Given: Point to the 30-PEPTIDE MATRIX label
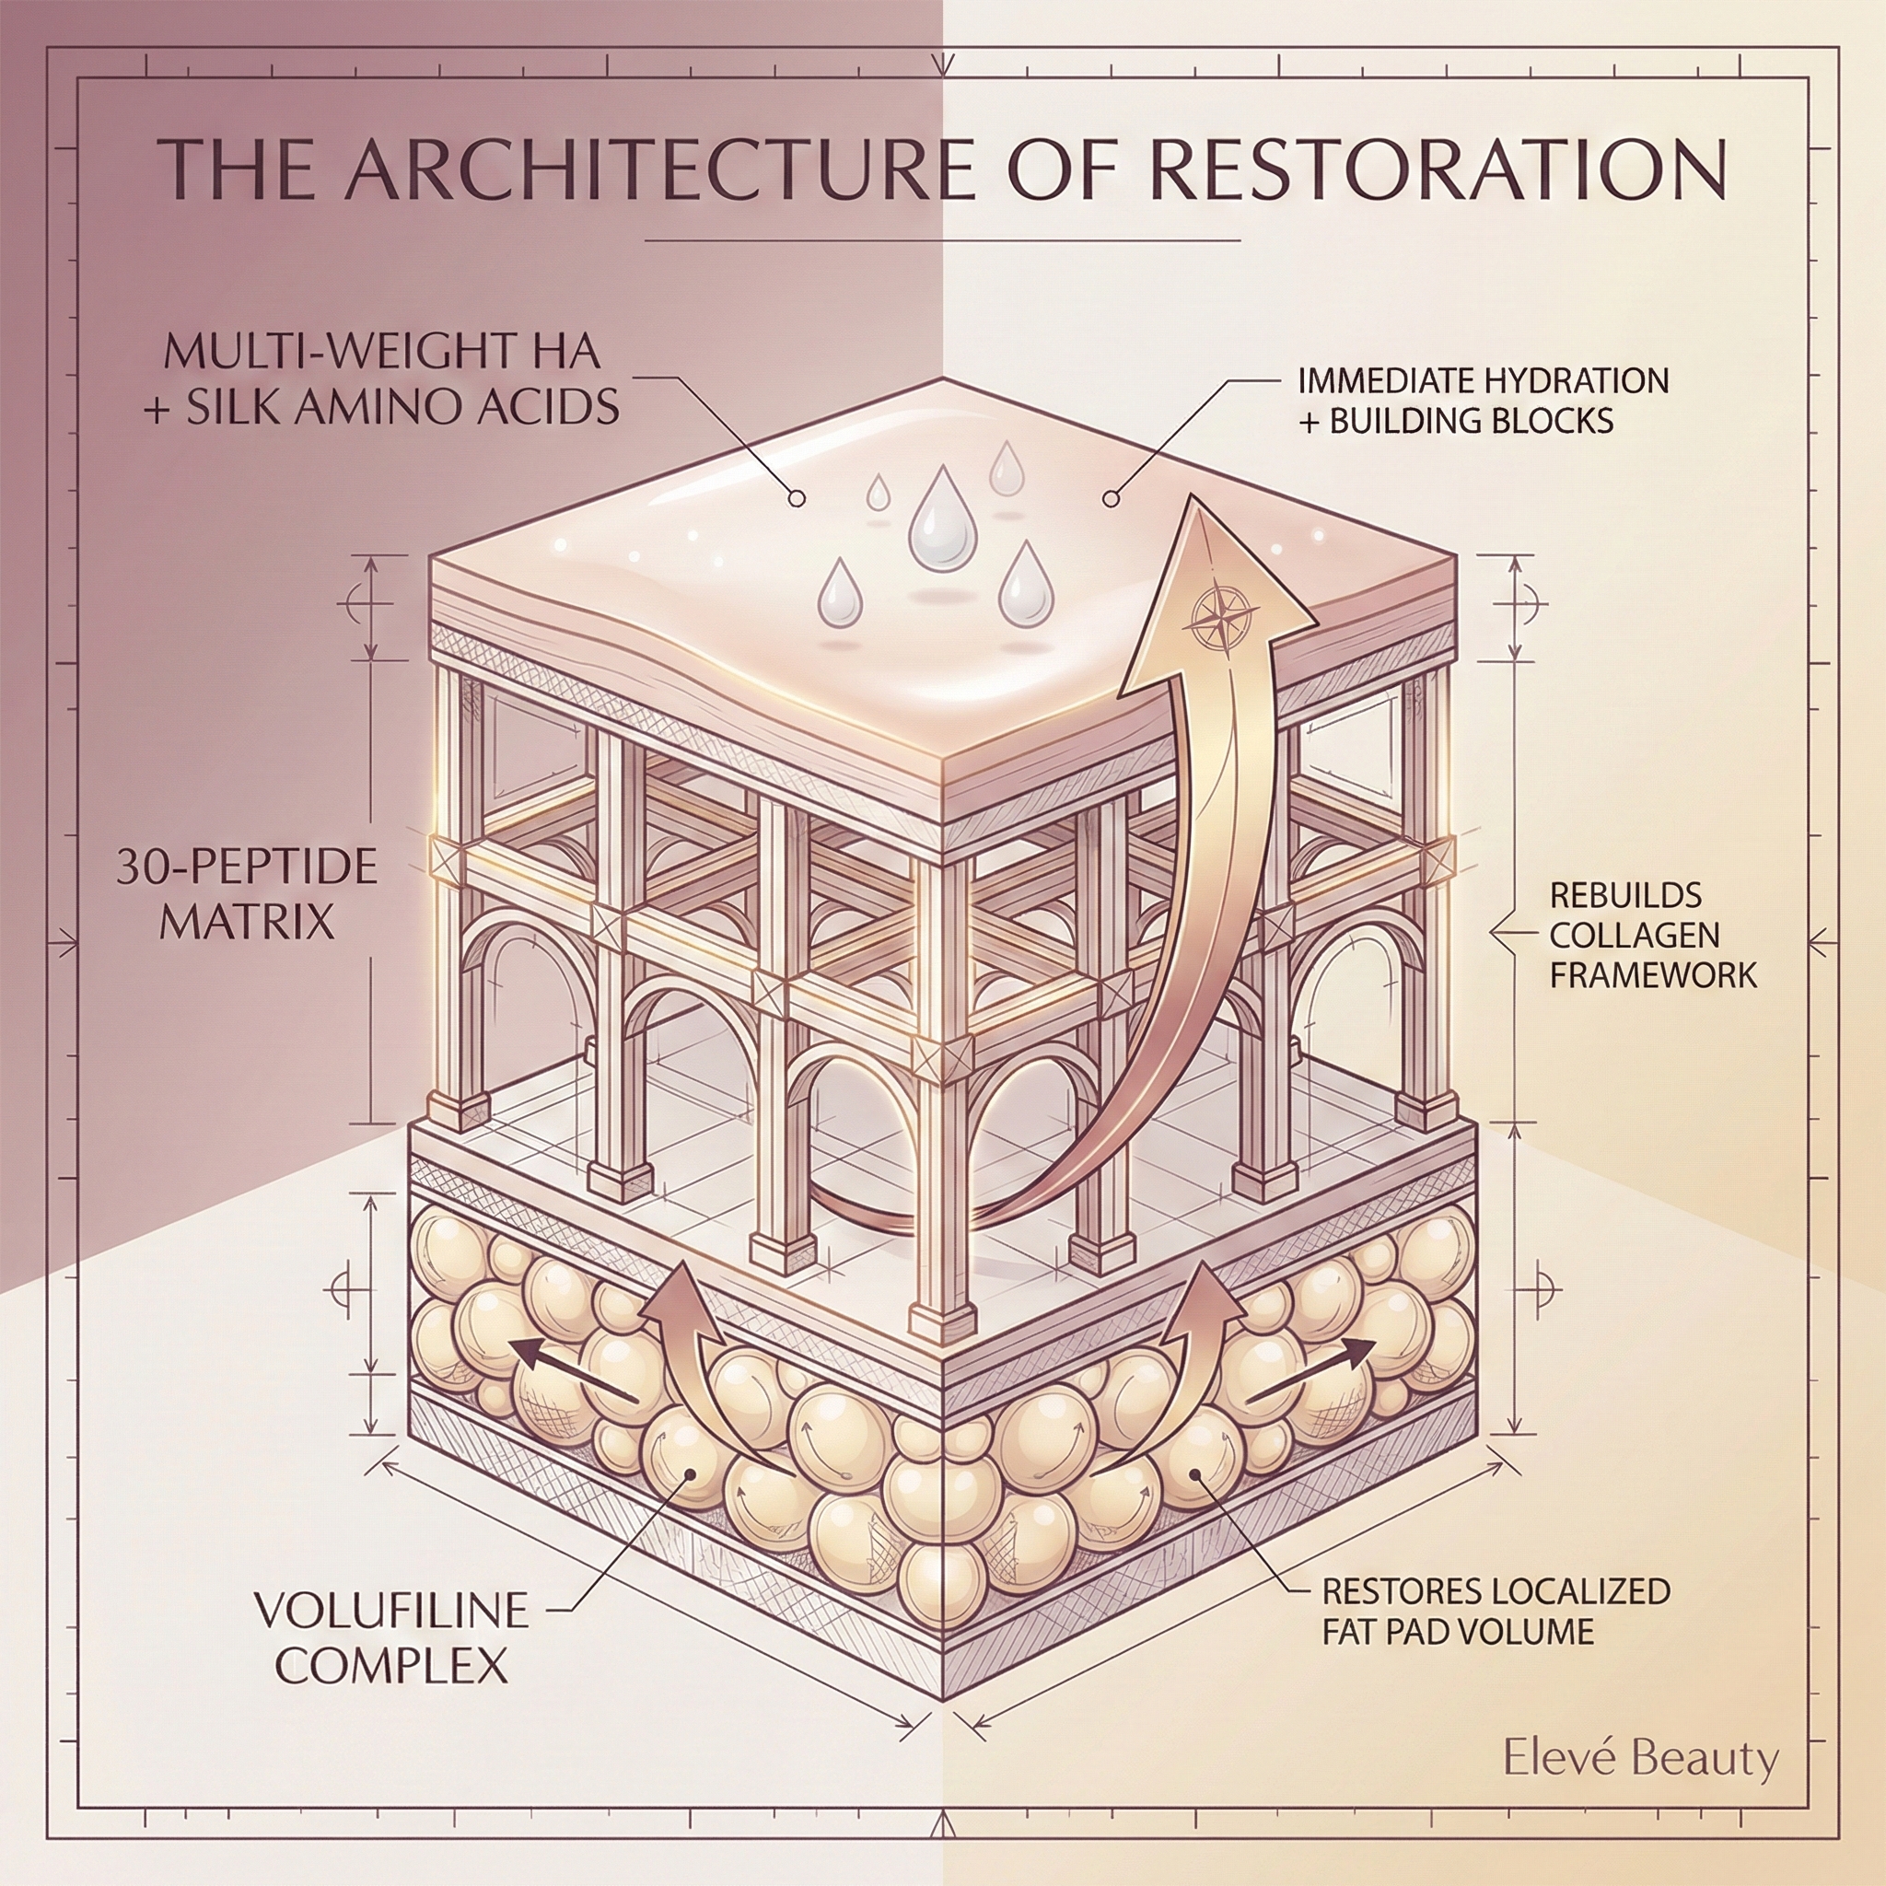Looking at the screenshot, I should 247,893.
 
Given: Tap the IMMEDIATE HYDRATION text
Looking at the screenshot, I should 1483,379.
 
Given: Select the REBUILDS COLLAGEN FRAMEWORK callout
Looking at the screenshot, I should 1652,936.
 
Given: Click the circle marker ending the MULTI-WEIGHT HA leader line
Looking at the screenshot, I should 797,499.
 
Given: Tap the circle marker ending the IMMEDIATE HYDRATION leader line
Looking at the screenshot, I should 1110,499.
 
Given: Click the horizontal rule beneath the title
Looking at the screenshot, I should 942,239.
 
